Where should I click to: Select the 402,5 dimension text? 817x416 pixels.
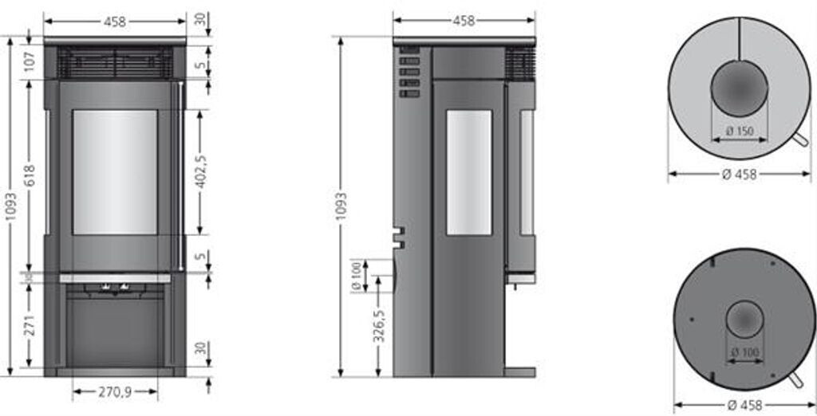point(203,171)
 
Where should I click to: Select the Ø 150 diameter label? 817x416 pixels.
point(740,131)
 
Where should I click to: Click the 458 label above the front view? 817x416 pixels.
point(115,22)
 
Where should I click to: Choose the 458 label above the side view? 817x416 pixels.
point(464,22)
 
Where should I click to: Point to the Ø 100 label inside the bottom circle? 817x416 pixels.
point(743,351)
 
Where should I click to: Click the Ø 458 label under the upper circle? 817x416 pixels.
point(739,175)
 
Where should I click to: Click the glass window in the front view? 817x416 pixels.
point(115,172)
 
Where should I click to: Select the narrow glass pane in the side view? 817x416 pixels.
point(468,172)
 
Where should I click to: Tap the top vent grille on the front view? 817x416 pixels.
point(115,62)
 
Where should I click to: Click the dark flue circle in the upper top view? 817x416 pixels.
point(739,88)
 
